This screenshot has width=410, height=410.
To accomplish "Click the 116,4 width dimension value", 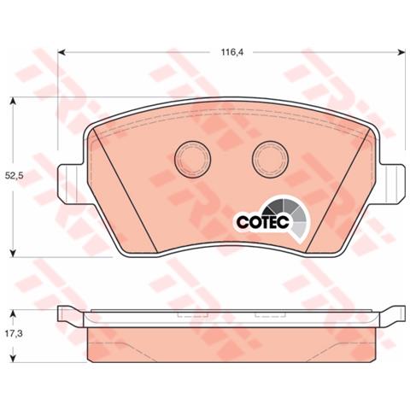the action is (232, 52).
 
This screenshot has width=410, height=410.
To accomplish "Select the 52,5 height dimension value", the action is (14, 176).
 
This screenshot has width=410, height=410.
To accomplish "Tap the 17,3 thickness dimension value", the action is (14, 334).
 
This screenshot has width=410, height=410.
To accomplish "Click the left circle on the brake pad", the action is (192, 158).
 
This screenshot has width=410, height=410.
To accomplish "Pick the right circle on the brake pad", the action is (271, 159).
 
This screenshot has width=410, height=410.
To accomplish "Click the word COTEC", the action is (263, 222).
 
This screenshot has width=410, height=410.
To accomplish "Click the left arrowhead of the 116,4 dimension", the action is (61, 52).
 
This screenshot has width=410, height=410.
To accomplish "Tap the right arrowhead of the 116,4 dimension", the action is (401, 52).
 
